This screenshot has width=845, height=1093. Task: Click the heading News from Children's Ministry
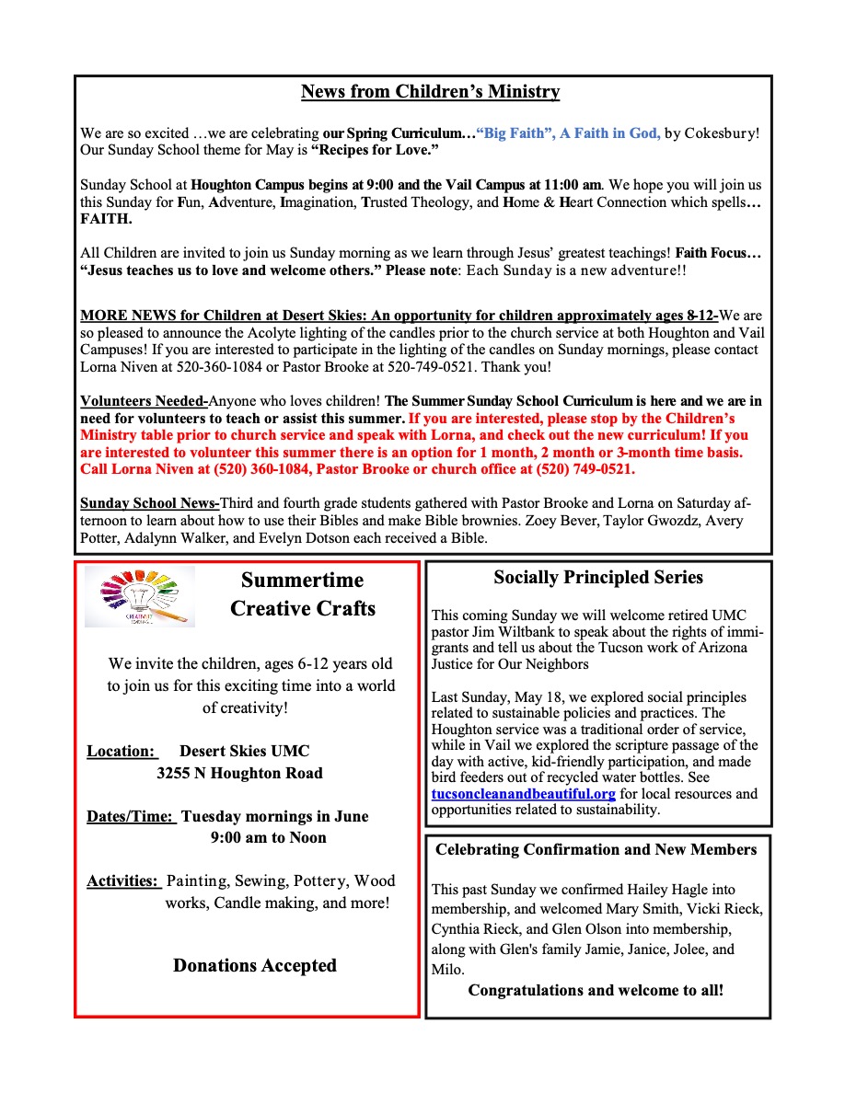tap(430, 92)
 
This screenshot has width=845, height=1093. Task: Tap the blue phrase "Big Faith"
tap(512, 133)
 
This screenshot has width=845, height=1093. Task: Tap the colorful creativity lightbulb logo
tap(140, 597)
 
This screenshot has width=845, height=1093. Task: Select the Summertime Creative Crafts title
tap(302, 594)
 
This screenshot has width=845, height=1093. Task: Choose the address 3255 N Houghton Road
tap(239, 773)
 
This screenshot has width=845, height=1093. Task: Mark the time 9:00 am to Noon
tap(268, 837)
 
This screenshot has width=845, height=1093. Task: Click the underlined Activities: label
tap(124, 880)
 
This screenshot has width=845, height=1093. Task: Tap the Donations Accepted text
tap(255, 965)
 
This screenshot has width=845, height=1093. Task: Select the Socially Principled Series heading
tap(598, 578)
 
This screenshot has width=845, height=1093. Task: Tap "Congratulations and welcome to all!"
tap(596, 991)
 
